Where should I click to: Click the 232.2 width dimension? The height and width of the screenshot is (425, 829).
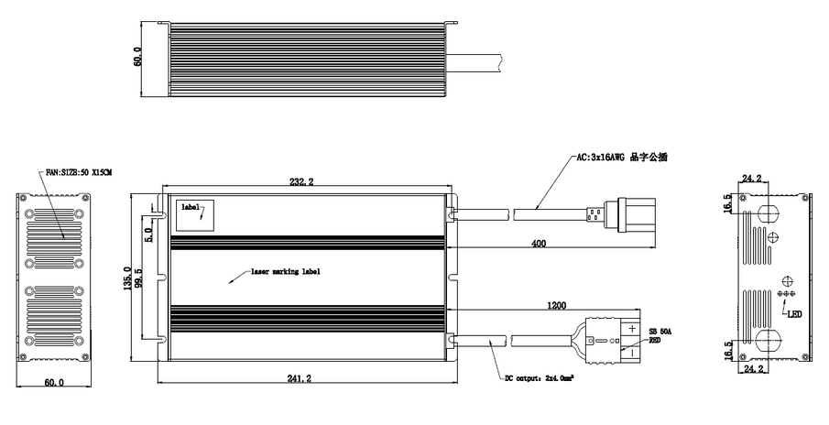[x=301, y=183]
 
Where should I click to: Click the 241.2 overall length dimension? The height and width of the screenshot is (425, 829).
[x=300, y=377]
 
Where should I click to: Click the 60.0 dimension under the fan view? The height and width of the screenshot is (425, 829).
[x=56, y=384]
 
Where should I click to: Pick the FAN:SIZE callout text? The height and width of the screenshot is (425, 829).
[x=78, y=173]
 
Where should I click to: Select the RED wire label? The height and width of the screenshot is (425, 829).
[x=655, y=340]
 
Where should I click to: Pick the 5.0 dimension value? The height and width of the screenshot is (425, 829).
[x=149, y=235]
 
